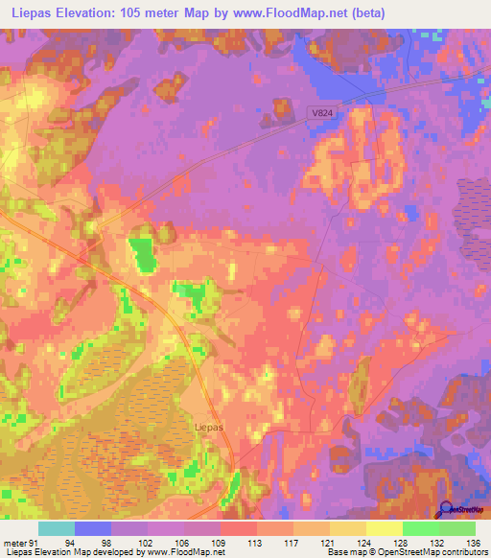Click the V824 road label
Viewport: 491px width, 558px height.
tap(322, 113)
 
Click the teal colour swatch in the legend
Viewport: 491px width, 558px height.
tap(56, 528)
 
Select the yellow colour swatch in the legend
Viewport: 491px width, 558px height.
tap(384, 528)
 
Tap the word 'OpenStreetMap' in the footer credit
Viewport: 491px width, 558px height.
tap(392, 552)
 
